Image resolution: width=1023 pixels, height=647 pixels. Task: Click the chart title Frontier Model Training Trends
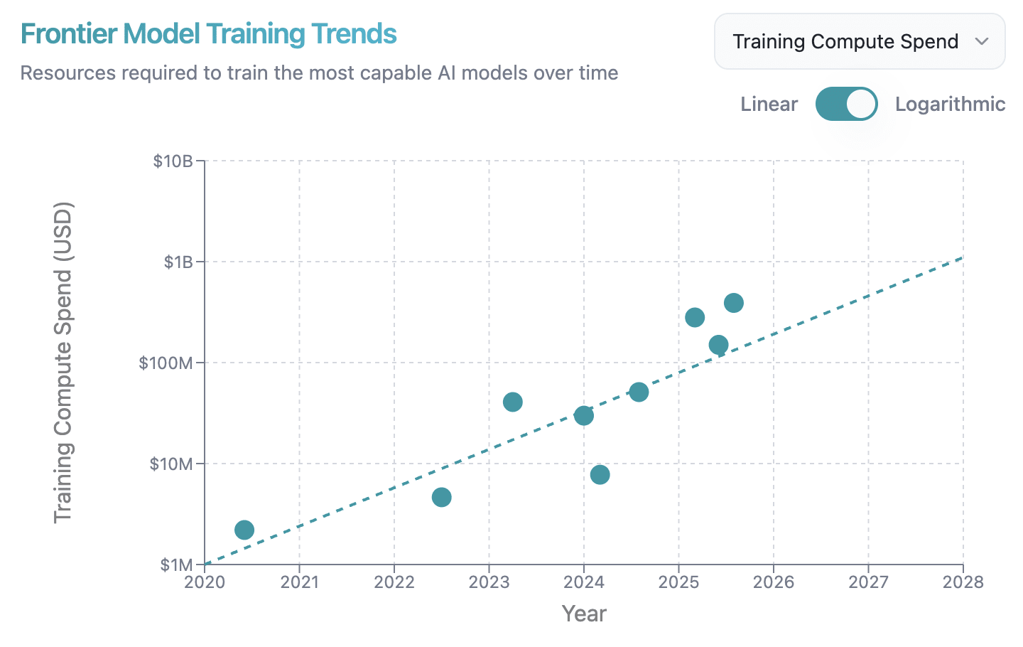208,34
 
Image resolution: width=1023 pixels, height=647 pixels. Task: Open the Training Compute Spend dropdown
859,42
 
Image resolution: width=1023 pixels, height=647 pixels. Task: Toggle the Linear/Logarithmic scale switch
846,104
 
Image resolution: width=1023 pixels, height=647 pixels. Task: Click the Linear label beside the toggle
769,105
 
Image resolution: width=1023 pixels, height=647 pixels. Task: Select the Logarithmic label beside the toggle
950,105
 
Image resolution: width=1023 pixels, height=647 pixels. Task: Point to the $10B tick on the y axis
173,161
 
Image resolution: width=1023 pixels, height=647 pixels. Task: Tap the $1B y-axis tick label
179,262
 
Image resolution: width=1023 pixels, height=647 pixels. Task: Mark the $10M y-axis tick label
171,464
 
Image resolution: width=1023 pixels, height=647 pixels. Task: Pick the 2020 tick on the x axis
205,582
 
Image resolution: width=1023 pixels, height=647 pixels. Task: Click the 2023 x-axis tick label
489,582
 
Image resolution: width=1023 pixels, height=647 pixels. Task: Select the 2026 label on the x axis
774,582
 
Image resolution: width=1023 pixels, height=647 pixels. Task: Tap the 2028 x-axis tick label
963,582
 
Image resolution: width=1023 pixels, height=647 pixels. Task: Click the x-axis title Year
584,614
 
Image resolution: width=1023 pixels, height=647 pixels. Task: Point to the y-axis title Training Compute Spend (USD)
63,363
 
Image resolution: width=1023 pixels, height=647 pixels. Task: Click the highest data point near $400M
734,303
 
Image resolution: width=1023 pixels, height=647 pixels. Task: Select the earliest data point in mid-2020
244,530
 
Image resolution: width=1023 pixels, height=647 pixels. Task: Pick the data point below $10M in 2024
600,474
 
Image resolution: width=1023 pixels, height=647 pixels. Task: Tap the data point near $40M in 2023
512,402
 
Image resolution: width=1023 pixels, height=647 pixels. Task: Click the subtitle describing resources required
319,73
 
